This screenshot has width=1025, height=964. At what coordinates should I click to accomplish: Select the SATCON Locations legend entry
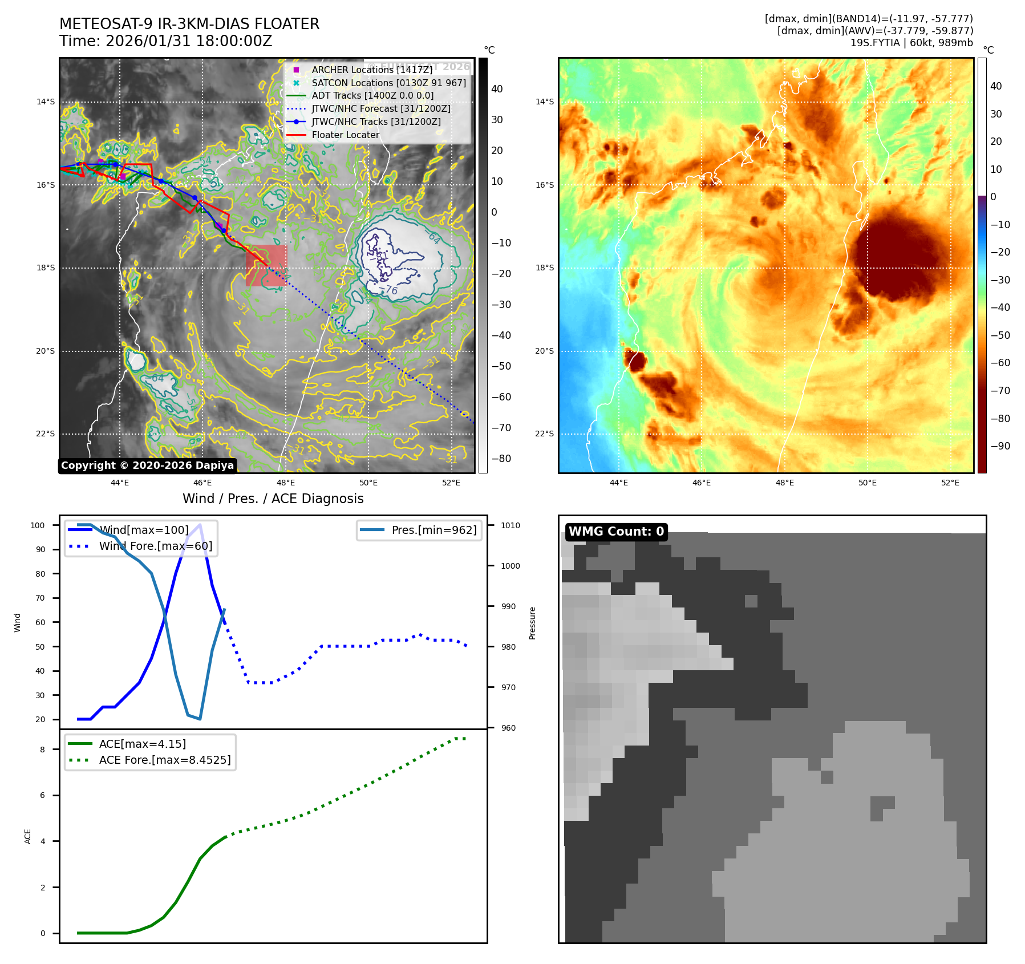(x=388, y=83)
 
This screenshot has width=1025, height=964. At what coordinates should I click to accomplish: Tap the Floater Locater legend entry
(x=345, y=135)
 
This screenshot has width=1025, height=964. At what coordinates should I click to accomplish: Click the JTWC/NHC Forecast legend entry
(x=380, y=108)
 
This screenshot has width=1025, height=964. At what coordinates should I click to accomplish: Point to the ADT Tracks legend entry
(x=372, y=95)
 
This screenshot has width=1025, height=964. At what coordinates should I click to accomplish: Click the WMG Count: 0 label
(x=616, y=532)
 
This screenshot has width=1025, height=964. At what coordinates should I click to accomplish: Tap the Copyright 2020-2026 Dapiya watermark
(x=147, y=465)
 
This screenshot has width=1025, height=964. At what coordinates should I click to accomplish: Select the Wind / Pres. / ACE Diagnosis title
(x=273, y=499)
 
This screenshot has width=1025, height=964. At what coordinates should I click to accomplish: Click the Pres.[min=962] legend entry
(x=434, y=530)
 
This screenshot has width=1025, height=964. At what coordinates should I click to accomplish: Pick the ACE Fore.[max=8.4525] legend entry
(x=164, y=760)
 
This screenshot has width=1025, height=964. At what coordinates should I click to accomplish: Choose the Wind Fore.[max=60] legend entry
(x=155, y=546)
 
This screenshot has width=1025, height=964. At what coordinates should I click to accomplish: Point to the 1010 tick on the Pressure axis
(x=511, y=525)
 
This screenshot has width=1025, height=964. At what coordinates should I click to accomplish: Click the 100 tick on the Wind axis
(x=38, y=525)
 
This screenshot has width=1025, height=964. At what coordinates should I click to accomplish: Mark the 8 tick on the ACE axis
(x=42, y=750)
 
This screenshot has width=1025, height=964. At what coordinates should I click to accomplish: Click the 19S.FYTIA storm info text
(x=911, y=43)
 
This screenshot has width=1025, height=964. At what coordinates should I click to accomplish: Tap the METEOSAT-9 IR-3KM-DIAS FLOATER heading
(x=189, y=24)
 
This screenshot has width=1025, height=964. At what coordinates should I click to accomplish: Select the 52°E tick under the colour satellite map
(x=950, y=483)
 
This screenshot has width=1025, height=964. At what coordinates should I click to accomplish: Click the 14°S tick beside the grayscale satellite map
(x=46, y=102)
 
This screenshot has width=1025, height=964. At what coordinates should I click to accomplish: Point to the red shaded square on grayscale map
(x=266, y=265)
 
